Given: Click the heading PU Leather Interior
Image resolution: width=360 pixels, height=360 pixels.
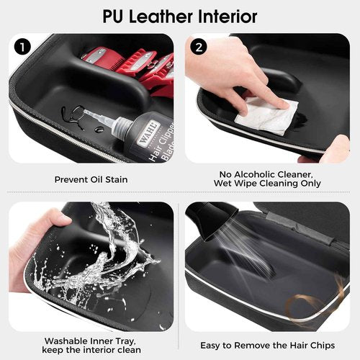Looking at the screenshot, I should pyautogui.click(x=179, y=15).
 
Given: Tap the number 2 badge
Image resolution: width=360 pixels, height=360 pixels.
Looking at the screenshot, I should pyautogui.click(x=199, y=48).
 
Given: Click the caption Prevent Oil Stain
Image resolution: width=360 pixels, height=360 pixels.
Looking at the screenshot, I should pyautogui.click(x=91, y=179).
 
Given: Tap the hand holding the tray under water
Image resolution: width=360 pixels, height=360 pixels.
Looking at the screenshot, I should pyautogui.click(x=29, y=245).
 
